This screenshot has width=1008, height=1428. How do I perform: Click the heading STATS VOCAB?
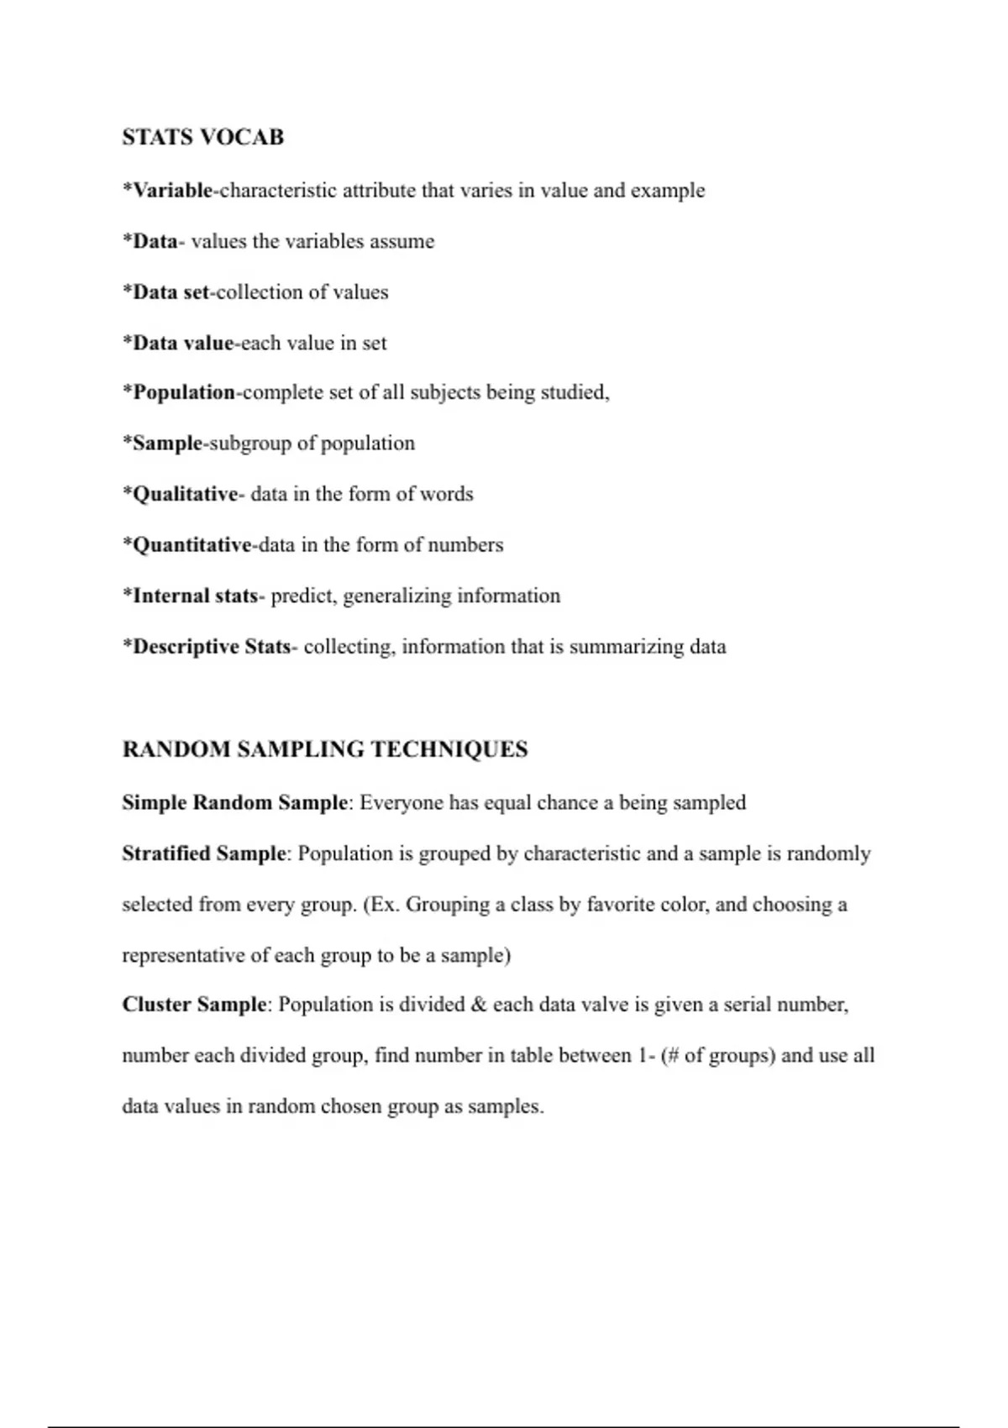202,137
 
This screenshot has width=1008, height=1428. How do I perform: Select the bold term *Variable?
168,191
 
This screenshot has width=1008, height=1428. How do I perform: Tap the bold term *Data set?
165,292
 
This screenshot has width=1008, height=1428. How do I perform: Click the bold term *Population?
179,392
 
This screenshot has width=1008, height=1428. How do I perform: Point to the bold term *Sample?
163,444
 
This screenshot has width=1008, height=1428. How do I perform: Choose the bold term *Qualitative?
181,494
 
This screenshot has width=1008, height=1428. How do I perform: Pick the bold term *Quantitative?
187,545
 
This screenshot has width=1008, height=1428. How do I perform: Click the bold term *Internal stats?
191,596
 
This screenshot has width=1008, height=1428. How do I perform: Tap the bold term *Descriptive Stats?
207,647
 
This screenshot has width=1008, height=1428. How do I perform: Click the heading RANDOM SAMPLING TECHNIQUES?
325,749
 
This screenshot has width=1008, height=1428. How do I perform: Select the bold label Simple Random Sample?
234,803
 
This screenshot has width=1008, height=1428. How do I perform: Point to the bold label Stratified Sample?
204,853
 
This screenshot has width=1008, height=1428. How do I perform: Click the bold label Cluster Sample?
194,1005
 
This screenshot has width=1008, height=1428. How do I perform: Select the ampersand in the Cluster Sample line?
479,1005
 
